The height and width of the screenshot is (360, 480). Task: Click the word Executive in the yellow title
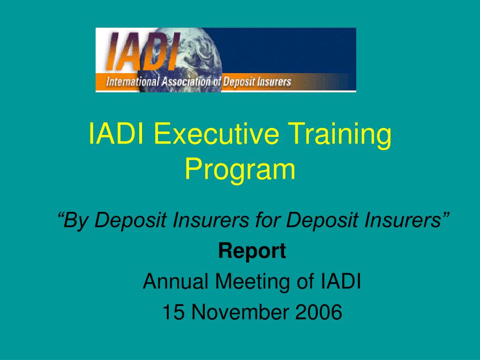coord(216,134)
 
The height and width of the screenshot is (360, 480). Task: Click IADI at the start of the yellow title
coord(116,134)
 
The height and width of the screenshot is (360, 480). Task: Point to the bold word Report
coord(252,251)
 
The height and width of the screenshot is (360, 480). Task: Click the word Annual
coord(176,281)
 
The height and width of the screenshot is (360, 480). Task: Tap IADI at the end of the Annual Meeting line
coord(341,281)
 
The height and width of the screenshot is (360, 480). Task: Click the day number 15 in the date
coord(173,312)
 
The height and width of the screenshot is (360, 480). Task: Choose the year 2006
coord(318,312)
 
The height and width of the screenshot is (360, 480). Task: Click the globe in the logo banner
coord(180,60)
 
